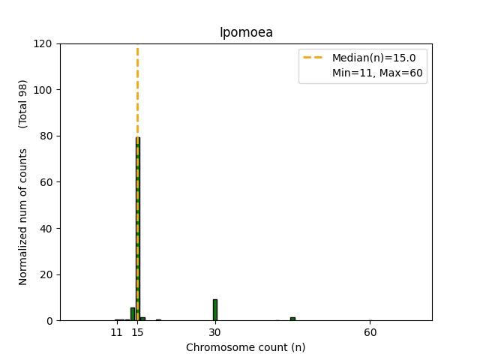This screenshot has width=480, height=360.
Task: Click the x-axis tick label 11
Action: click(x=117, y=332)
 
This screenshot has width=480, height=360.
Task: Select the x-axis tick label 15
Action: click(x=137, y=332)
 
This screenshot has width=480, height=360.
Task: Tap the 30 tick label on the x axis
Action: click(x=215, y=332)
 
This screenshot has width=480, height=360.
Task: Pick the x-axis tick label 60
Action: click(x=370, y=332)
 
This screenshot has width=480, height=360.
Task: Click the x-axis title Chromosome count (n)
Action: click(x=245, y=347)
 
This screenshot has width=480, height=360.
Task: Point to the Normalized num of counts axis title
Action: click(x=23, y=217)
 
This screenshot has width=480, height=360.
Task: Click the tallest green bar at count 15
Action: click(x=138, y=225)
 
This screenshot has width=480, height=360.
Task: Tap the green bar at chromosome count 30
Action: click(x=215, y=310)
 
